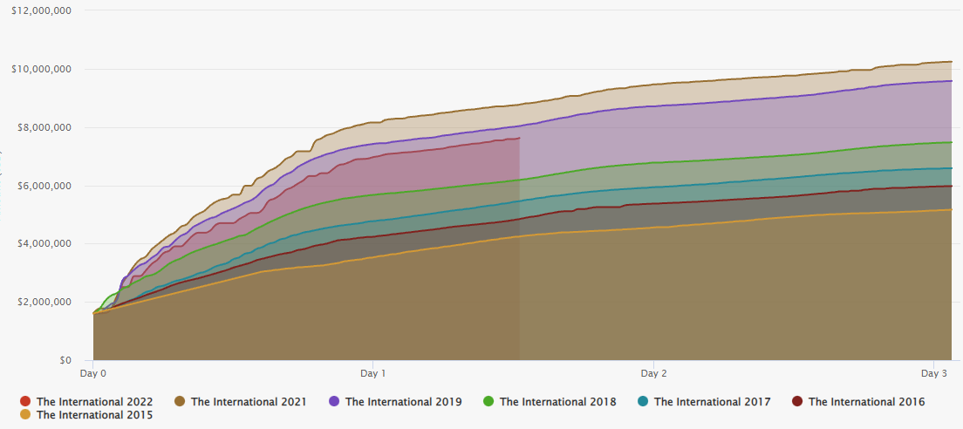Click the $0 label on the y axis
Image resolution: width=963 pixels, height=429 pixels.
(x=65, y=360)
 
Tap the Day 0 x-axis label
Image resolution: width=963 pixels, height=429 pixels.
(x=92, y=373)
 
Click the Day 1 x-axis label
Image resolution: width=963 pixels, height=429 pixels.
(x=372, y=373)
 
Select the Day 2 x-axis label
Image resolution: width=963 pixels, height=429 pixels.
(x=653, y=373)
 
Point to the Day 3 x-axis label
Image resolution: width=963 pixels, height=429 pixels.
(x=933, y=373)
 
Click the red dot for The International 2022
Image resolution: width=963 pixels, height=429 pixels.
(x=25, y=402)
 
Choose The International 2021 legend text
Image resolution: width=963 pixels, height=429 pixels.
(x=249, y=402)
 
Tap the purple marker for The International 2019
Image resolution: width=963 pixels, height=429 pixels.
(x=334, y=402)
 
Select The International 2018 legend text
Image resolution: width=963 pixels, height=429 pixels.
(x=557, y=402)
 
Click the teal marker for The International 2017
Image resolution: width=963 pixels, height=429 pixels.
(x=643, y=402)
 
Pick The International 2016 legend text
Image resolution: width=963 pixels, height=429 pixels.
(x=866, y=402)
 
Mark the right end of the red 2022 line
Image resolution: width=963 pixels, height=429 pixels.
(x=520, y=138)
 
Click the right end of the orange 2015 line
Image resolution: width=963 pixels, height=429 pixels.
(x=951, y=210)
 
